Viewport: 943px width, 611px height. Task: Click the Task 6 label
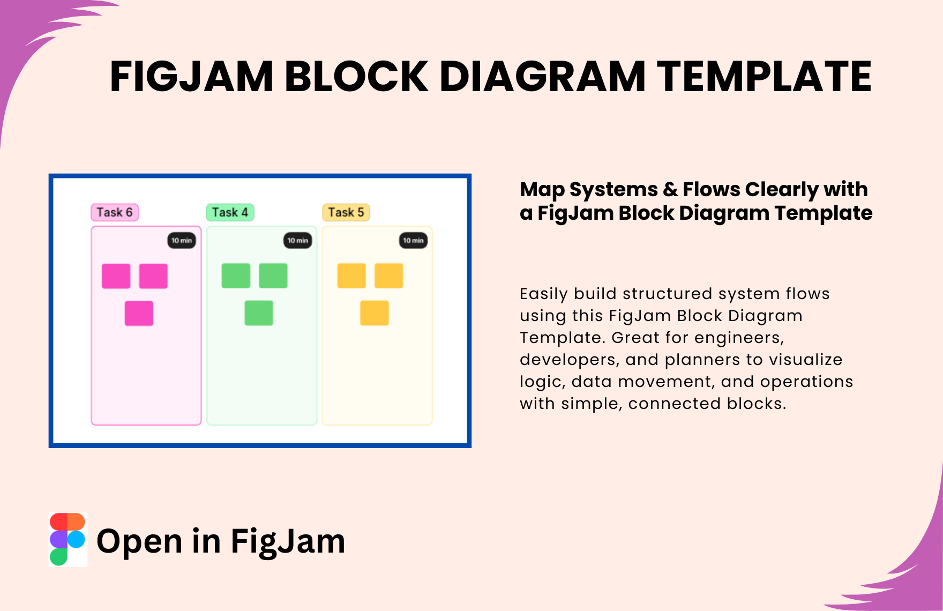(115, 212)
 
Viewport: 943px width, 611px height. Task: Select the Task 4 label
(230, 212)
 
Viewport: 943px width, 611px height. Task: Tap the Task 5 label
(346, 212)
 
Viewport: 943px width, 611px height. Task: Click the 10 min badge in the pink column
(182, 241)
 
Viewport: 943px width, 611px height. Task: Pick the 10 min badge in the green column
(297, 241)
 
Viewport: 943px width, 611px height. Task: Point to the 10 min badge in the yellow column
(413, 241)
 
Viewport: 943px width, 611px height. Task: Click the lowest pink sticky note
(139, 314)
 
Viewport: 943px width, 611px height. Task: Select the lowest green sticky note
(259, 313)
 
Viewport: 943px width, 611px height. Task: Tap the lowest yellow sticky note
(375, 313)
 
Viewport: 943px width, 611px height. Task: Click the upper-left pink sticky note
(116, 276)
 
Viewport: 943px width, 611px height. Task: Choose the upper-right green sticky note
(273, 275)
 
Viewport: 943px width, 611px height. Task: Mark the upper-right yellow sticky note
(389, 275)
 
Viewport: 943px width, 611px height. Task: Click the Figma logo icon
(68, 539)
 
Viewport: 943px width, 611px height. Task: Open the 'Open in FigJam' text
(221, 541)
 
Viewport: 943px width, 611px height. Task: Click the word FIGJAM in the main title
(192, 77)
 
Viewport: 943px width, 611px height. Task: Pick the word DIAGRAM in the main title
(543, 76)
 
